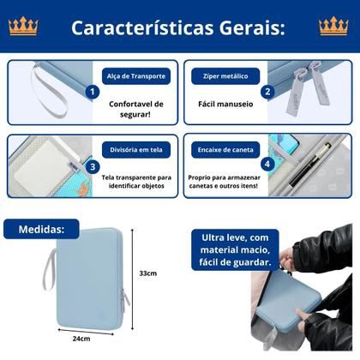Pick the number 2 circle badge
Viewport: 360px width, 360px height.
click(x=267, y=92)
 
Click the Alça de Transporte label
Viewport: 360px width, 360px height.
click(x=136, y=75)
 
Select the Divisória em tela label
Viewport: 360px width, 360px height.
click(x=136, y=148)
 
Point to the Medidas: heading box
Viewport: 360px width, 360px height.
click(x=41, y=230)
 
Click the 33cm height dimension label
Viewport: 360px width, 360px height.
click(x=149, y=273)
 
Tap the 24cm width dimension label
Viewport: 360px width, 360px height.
click(x=81, y=338)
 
